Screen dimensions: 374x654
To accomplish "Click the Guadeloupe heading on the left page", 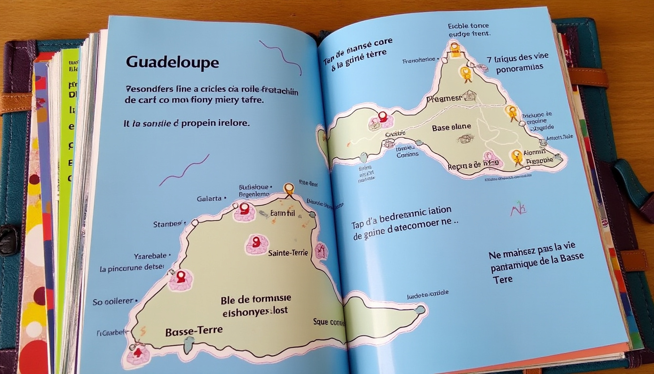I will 172,62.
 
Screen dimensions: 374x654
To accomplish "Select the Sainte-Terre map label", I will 289,253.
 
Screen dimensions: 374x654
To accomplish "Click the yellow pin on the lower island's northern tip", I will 289,188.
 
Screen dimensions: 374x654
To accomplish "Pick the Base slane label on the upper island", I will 451,127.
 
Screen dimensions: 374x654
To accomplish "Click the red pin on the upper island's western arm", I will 382,117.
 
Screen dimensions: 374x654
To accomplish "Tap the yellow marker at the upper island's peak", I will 454,48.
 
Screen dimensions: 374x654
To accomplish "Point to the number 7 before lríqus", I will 489,59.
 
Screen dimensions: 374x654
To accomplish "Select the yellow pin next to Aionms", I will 517,156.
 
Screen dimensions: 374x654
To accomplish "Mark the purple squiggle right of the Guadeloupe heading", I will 281,56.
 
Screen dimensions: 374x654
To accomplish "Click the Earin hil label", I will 283,213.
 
